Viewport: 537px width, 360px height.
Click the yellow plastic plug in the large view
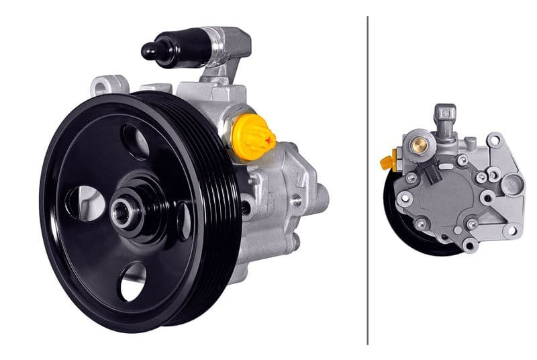tap(252, 136)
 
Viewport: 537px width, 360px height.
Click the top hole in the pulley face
tap(137, 140)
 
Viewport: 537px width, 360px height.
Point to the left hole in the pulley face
tap(87, 202)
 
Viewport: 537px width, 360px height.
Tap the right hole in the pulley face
tap(183, 222)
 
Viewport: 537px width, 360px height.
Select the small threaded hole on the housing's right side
tap(295, 199)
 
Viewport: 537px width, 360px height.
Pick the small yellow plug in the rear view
tap(387, 163)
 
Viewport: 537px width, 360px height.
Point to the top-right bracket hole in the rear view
tap(495, 140)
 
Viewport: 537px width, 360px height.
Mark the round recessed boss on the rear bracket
tap(511, 183)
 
